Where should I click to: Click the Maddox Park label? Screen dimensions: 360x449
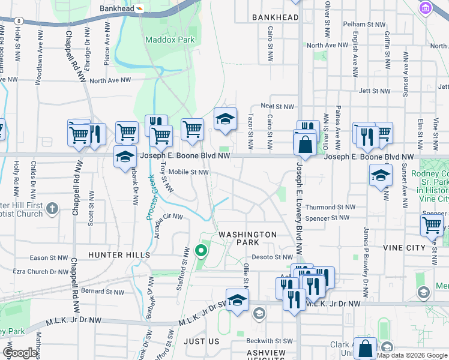170,40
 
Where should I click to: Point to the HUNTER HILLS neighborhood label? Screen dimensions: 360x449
119,255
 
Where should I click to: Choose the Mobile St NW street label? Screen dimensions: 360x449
188,172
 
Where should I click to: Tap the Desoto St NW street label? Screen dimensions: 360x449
274,257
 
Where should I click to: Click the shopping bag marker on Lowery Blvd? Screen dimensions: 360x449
305,145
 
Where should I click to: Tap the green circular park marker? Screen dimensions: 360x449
201,250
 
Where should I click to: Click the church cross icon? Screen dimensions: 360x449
52,209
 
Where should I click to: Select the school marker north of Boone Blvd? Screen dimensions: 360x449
225,119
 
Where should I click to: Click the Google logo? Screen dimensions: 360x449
20,353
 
